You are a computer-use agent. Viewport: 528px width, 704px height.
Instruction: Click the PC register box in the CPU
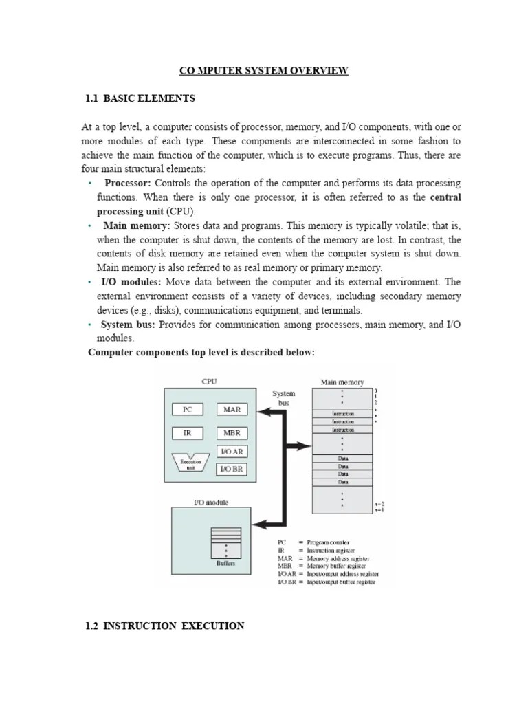pyautogui.click(x=187, y=409)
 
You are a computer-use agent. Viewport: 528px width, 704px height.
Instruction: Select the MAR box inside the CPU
pyautogui.click(x=232, y=409)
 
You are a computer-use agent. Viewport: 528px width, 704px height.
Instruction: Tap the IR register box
pyautogui.click(x=187, y=434)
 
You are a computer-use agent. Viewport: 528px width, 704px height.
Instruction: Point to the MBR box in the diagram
pyautogui.click(x=232, y=434)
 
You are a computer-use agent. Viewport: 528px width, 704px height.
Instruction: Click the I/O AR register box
pyautogui.click(x=232, y=452)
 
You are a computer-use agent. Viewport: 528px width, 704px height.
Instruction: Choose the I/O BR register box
pyautogui.click(x=232, y=469)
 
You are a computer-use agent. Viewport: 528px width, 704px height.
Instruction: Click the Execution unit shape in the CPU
pyautogui.click(x=190, y=463)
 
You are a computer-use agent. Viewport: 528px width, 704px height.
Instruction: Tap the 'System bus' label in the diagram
pyautogui.click(x=284, y=398)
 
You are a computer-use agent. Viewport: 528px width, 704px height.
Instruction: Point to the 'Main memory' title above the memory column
pyautogui.click(x=342, y=382)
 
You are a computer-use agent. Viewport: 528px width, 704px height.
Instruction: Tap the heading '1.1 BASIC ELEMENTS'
pyautogui.click(x=140, y=98)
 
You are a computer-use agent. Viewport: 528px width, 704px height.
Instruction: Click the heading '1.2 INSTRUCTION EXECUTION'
pyautogui.click(x=164, y=626)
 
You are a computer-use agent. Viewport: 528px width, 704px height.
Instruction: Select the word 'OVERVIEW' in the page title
pyautogui.click(x=318, y=70)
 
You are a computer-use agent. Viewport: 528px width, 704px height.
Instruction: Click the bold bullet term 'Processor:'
pyautogui.click(x=127, y=183)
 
